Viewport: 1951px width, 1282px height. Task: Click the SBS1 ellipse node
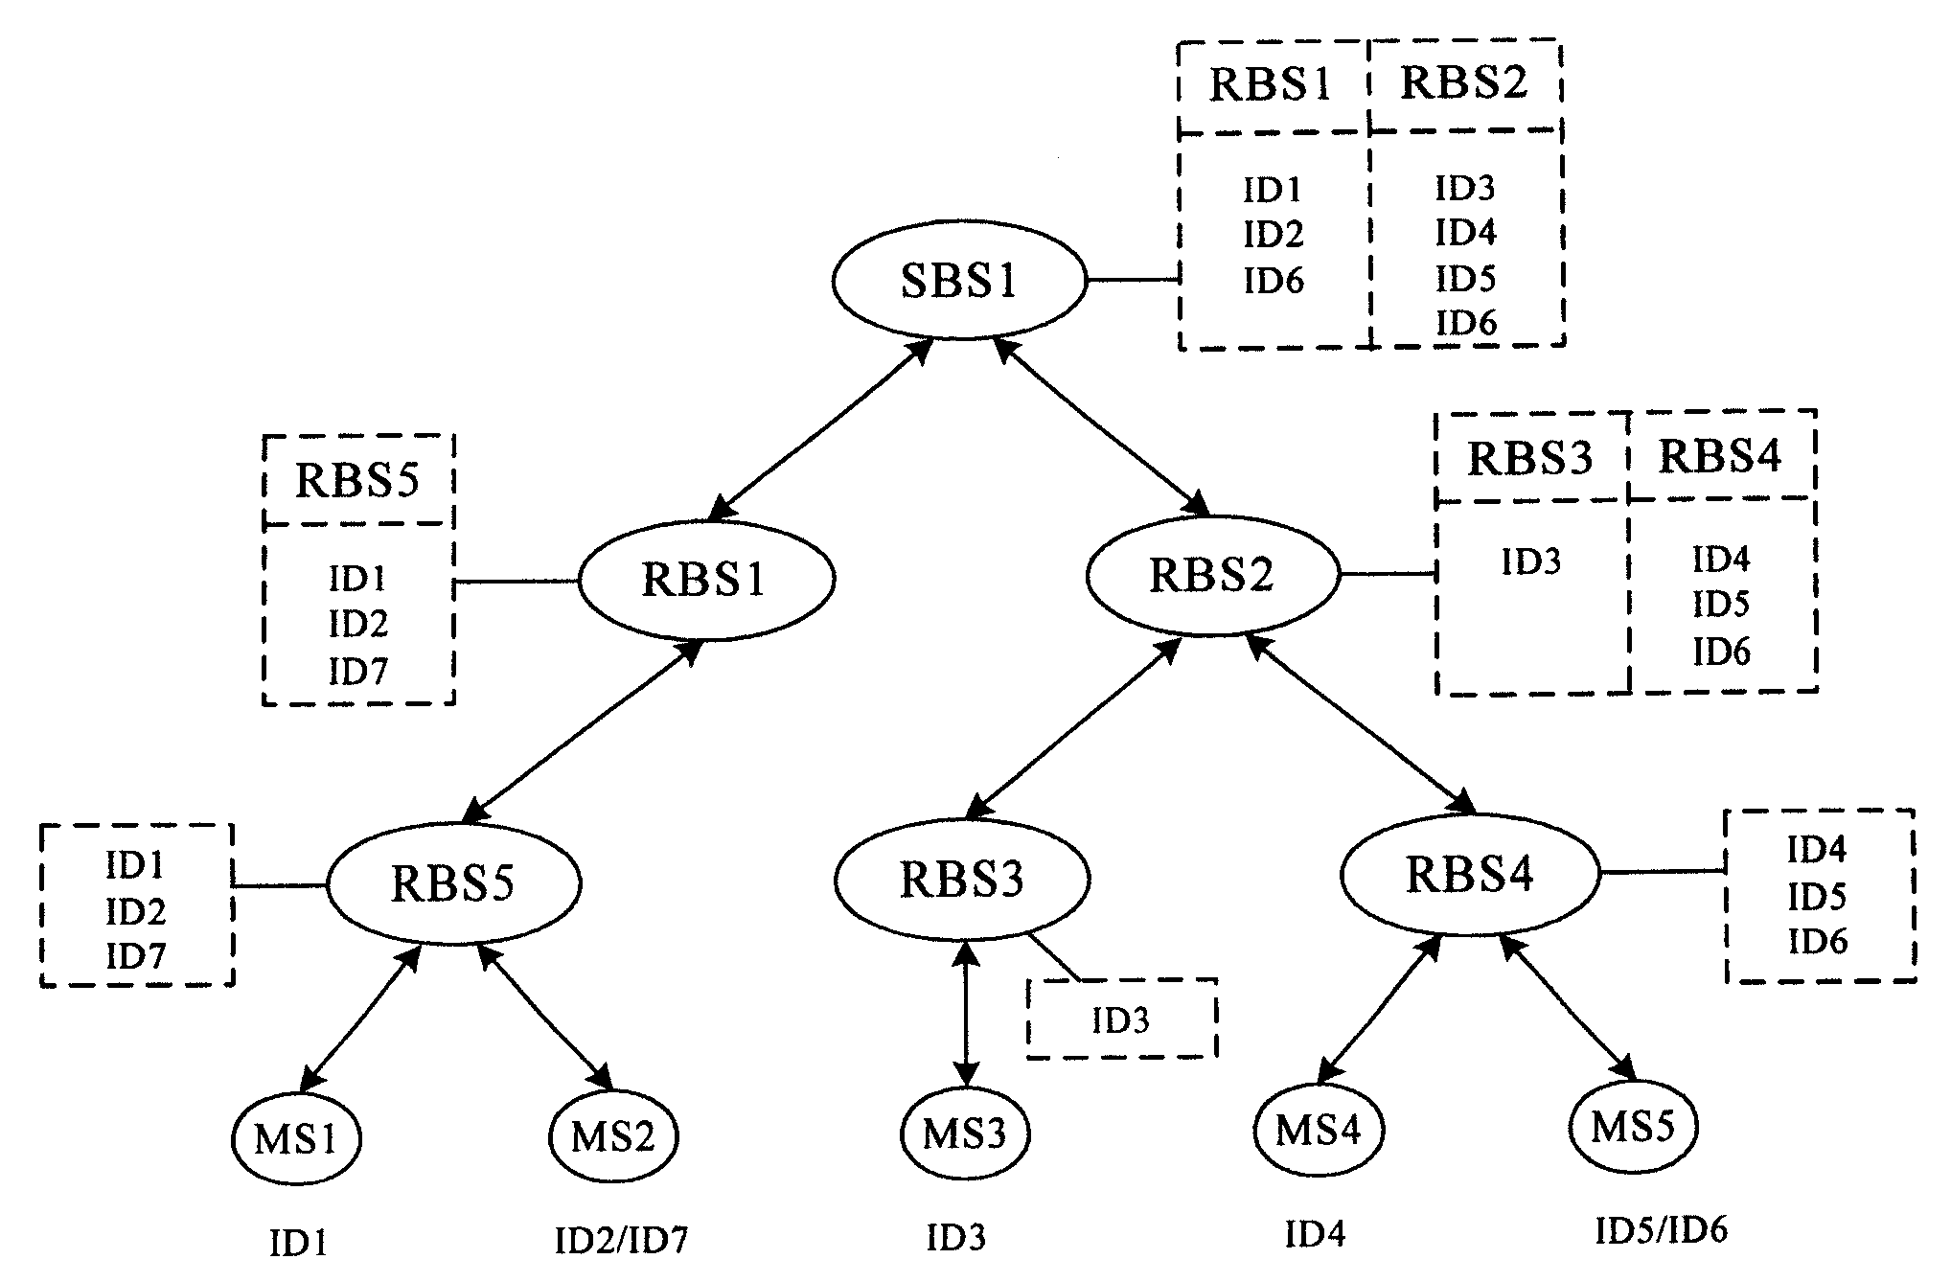click(x=959, y=282)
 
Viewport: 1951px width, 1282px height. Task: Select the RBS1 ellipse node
click(x=705, y=581)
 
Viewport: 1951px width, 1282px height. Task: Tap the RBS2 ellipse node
click(x=1212, y=576)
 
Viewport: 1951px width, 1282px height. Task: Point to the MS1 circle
click(x=296, y=1140)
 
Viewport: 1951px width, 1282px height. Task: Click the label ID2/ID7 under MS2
click(x=621, y=1241)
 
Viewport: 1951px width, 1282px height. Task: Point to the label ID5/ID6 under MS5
click(x=1661, y=1230)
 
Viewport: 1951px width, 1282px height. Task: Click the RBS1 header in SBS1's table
click(x=1271, y=85)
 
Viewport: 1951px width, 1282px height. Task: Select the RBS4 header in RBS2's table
click(x=1720, y=457)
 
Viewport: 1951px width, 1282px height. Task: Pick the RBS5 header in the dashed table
click(x=356, y=480)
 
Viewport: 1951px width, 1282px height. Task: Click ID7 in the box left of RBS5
click(x=135, y=956)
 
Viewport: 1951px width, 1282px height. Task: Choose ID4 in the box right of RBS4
click(x=1817, y=849)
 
